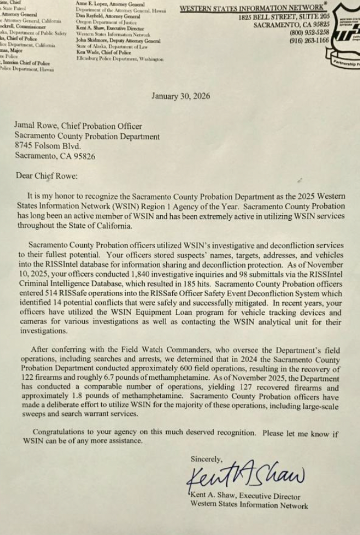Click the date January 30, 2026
click(181, 96)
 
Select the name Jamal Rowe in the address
click(34, 127)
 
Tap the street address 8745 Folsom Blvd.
click(47, 146)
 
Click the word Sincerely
click(206, 458)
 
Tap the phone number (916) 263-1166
click(309, 41)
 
